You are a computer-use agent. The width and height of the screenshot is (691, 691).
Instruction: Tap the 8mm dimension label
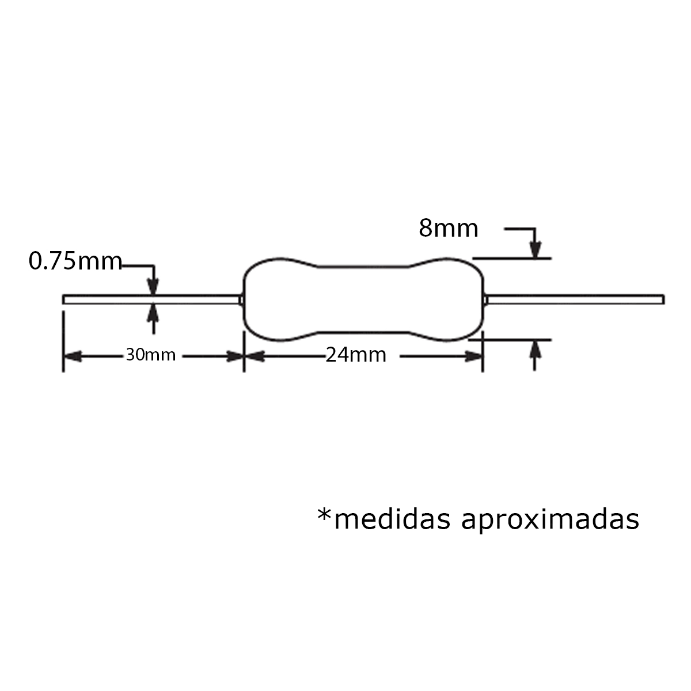click(448, 229)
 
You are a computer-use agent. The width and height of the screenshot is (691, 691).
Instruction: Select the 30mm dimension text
click(151, 355)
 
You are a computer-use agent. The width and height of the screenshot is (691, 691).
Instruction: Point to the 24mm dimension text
click(356, 355)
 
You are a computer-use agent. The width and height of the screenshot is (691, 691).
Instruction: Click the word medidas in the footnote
click(392, 519)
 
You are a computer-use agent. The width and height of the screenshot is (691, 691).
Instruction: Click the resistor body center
click(363, 299)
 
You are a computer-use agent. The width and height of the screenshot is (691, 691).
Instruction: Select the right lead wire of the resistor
click(576, 299)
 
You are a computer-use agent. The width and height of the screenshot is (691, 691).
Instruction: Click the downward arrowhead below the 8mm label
click(536, 249)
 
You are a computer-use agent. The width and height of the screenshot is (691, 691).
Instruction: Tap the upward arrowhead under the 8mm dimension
click(536, 348)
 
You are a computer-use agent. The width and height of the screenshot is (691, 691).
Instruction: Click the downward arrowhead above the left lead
click(153, 287)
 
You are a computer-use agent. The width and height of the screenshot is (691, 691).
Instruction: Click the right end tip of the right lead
click(663, 299)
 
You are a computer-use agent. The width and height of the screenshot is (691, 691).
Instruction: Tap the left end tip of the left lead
click(64, 299)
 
